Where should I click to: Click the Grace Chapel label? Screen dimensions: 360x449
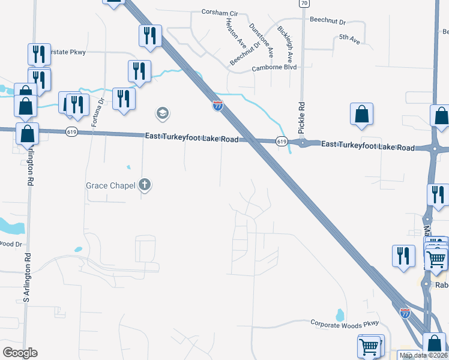110,185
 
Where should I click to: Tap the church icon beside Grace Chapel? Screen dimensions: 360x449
145,185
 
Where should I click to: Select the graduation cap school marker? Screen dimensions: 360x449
162,113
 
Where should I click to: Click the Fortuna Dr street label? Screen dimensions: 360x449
94,112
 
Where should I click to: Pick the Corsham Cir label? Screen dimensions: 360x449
220,11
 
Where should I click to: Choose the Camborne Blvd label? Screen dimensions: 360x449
274,68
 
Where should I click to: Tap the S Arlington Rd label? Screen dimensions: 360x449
26,277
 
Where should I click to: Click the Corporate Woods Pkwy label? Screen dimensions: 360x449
345,323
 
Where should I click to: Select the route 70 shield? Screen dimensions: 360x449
304,4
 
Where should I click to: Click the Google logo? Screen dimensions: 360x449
20,353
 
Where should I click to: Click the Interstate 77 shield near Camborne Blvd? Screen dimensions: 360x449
217,106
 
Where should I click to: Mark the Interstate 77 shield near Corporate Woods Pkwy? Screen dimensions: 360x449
406,313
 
